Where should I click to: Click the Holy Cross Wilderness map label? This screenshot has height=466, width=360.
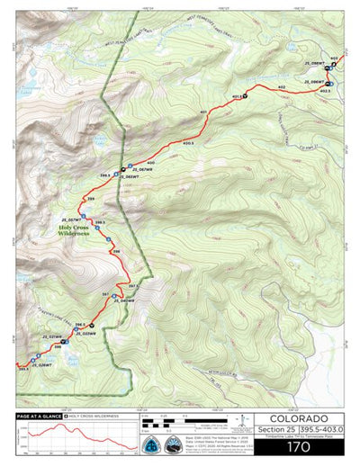pyautogui.click(x=72, y=229)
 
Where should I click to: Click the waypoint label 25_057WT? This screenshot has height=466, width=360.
pyautogui.click(x=70, y=219)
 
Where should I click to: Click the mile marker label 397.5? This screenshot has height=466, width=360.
pyautogui.click(x=134, y=285)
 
